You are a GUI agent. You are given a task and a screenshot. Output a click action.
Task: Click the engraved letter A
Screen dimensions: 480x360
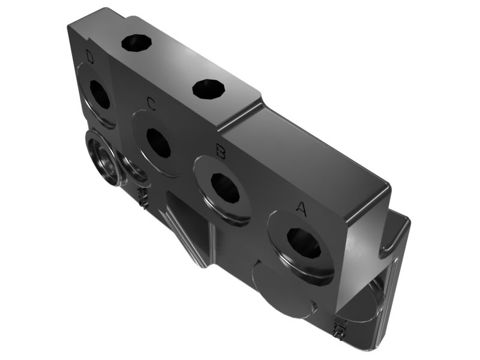click(x=301, y=208)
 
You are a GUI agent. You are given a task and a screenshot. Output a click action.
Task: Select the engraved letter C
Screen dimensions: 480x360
click(x=152, y=103)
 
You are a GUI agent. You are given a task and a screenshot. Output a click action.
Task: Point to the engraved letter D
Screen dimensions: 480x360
click(x=89, y=56)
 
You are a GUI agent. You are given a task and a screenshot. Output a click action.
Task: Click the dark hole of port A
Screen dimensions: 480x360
click(x=304, y=242)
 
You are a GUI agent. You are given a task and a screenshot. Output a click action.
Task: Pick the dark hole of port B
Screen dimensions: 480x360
click(x=226, y=188)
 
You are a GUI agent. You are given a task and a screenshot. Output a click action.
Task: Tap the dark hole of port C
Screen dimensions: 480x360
click(x=158, y=143)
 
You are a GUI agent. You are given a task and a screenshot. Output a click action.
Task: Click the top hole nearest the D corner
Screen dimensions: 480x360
click(x=137, y=42)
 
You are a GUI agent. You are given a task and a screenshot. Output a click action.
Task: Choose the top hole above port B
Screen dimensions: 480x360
click(x=209, y=89)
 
